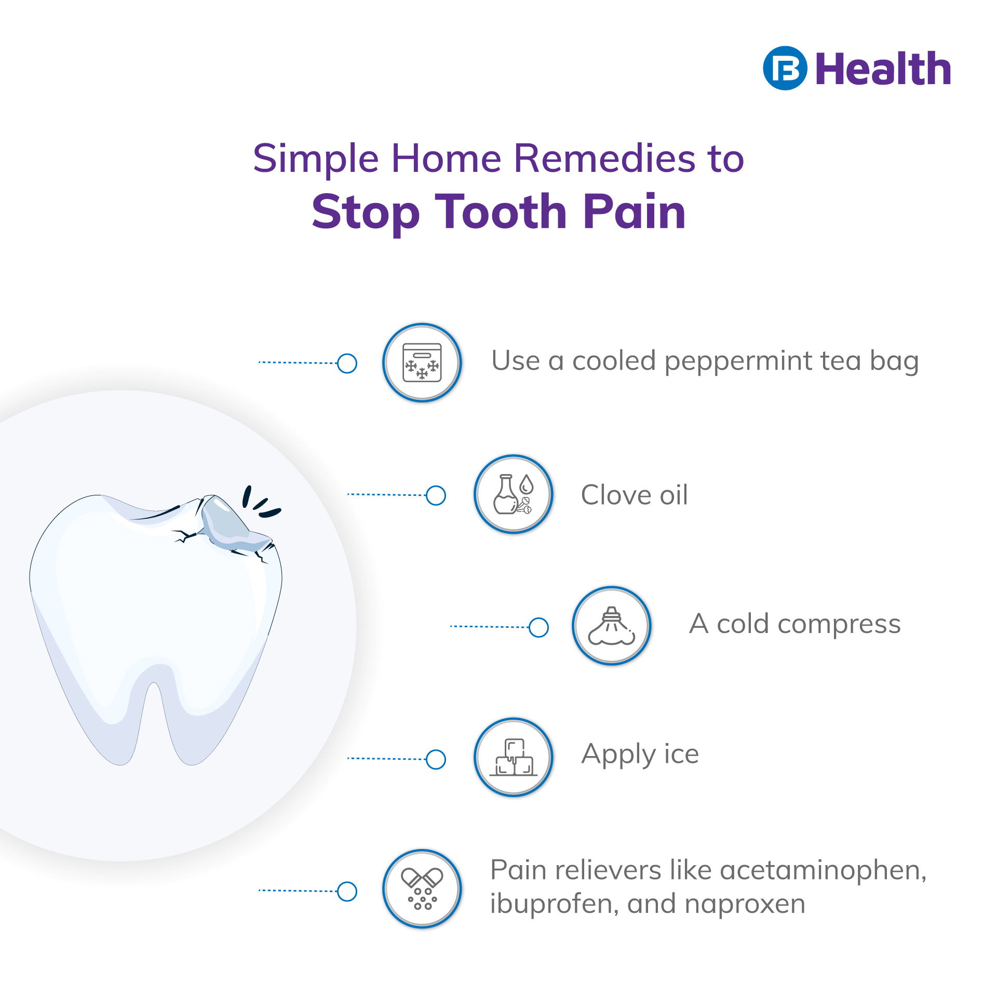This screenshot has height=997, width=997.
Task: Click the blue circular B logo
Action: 785,68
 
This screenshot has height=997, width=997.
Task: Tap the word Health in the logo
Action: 883,69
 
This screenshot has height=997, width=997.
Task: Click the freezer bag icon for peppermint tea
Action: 422,362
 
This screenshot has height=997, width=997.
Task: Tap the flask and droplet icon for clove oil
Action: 513,494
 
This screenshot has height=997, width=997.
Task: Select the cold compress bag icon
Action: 612,626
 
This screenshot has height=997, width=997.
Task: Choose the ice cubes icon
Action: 513,758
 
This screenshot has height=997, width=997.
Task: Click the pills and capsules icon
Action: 422,889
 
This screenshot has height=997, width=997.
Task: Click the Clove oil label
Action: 634,495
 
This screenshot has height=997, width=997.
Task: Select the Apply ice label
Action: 640,755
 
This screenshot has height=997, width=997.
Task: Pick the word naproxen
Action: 745,904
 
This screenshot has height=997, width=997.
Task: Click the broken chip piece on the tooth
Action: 231,524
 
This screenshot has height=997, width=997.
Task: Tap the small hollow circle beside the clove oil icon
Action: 436,495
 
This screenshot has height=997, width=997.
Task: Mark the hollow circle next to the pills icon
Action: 347,892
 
